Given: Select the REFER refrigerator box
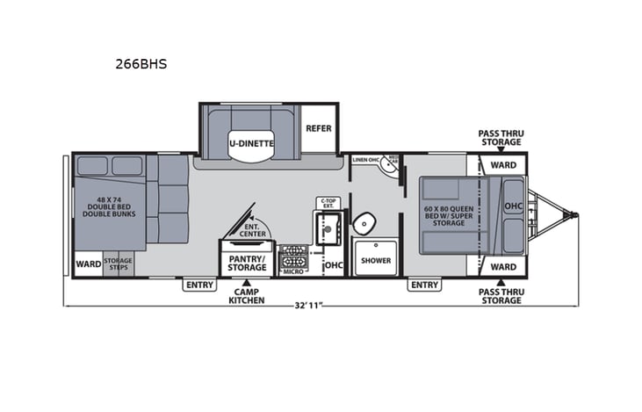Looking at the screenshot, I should pyautogui.click(x=318, y=128).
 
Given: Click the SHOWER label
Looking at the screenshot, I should pyautogui.click(x=376, y=260).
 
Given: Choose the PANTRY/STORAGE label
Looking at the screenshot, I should pyautogui.click(x=248, y=264).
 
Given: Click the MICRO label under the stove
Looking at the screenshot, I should pyautogui.click(x=292, y=272).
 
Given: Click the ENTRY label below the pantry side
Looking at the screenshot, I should pyautogui.click(x=199, y=285).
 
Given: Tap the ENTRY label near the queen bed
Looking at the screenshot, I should pyautogui.click(x=424, y=285).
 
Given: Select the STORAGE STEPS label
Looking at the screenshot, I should pyautogui.click(x=117, y=264).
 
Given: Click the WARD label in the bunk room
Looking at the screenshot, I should pyautogui.click(x=88, y=264).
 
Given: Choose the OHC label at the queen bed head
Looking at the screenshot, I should pyautogui.click(x=513, y=206).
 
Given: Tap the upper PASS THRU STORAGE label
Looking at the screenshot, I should pyautogui.click(x=500, y=137).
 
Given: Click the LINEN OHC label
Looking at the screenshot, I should pyautogui.click(x=365, y=160).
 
